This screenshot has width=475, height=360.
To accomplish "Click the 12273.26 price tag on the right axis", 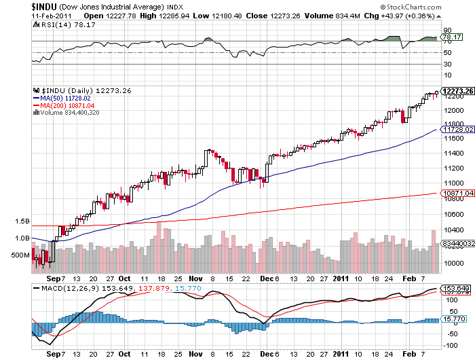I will click(456, 90).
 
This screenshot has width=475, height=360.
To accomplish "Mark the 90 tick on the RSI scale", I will click(447, 30).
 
